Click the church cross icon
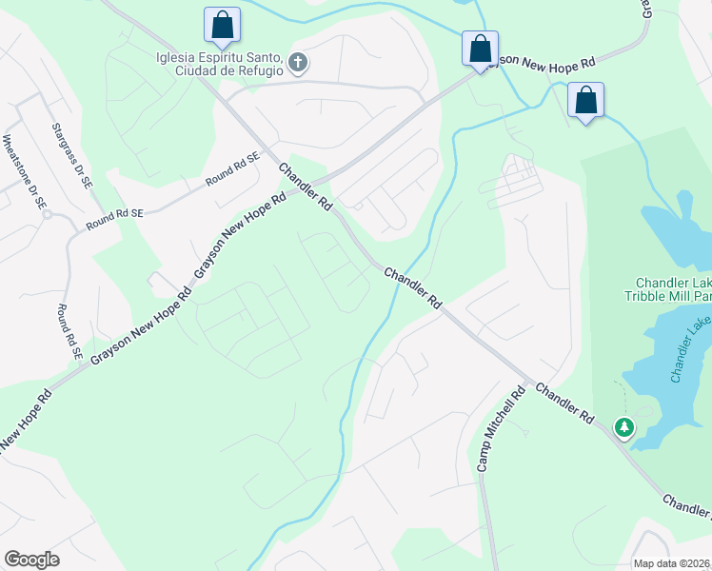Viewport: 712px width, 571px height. pos(298,64)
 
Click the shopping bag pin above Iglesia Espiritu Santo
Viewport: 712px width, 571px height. pos(222,25)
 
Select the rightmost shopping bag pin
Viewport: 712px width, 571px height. pos(585,99)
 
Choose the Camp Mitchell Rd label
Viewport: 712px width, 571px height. pos(501,429)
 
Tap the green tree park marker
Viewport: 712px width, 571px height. pos(623,428)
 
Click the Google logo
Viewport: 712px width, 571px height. pos(31,560)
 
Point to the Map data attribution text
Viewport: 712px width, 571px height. pos(671,563)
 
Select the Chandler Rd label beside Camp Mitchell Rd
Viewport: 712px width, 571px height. pos(564,404)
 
